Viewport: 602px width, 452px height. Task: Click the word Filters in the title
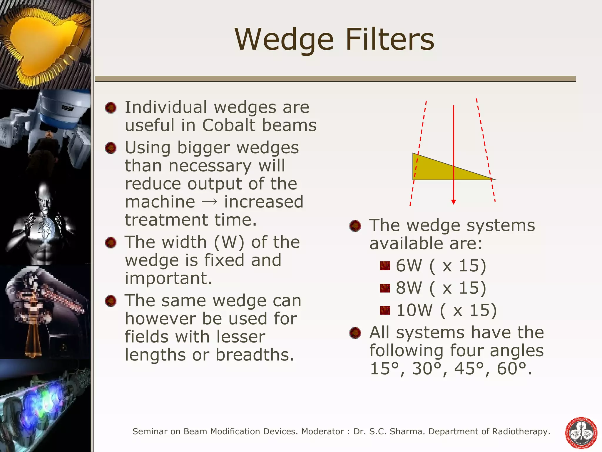(x=389, y=39)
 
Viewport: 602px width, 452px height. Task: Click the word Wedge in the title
(x=284, y=39)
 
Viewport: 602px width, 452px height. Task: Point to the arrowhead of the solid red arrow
(x=454, y=202)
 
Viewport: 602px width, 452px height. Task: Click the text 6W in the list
(x=409, y=265)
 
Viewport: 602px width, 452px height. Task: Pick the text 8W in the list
(x=409, y=288)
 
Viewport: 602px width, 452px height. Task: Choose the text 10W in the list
(x=414, y=310)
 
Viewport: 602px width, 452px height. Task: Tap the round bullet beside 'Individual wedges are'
(x=111, y=108)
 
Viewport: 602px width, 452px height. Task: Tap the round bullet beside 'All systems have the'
(x=355, y=333)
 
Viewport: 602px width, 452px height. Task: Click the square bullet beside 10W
(x=385, y=310)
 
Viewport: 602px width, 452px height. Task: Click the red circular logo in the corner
(x=581, y=433)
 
